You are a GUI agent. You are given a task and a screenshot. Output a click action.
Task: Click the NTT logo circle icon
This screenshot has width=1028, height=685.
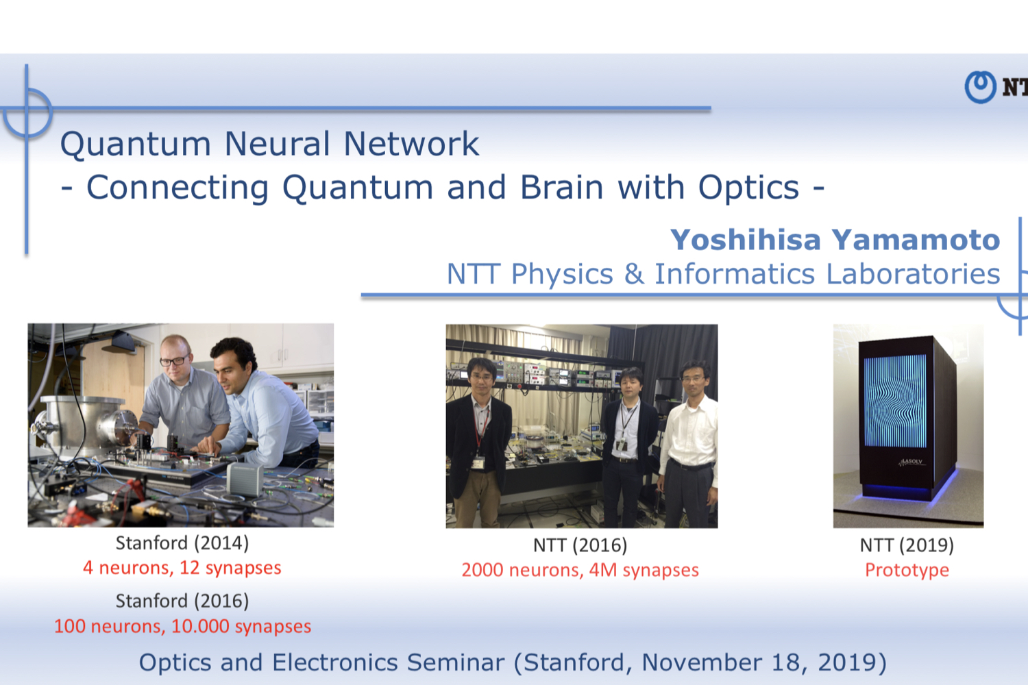click(x=980, y=87)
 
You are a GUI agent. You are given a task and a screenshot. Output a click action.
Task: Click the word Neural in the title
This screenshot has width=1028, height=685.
click(x=277, y=144)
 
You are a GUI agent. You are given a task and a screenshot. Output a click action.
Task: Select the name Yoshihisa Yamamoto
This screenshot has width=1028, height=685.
click(x=835, y=240)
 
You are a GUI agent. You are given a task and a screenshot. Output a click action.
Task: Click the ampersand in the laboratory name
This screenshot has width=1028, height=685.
click(x=633, y=274)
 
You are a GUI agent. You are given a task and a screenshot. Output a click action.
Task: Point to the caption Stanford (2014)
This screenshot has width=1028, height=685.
click(x=182, y=543)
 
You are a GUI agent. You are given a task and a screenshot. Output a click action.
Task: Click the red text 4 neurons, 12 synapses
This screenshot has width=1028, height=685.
click(x=182, y=568)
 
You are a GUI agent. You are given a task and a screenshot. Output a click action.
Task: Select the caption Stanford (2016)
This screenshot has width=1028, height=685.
click(x=182, y=601)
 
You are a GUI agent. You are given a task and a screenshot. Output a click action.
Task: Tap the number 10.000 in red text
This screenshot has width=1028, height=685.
click(x=200, y=626)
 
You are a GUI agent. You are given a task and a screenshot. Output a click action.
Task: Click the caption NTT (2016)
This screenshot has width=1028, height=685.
click(x=580, y=545)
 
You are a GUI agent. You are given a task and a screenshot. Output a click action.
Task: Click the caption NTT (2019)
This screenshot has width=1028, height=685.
click(x=907, y=545)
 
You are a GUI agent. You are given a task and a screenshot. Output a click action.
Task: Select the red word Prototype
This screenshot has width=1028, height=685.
click(x=907, y=570)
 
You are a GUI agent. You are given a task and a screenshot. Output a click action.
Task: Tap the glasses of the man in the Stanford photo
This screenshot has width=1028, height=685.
click(x=174, y=360)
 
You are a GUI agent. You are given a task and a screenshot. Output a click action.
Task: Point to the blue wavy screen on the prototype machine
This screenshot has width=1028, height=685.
click(x=895, y=401)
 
